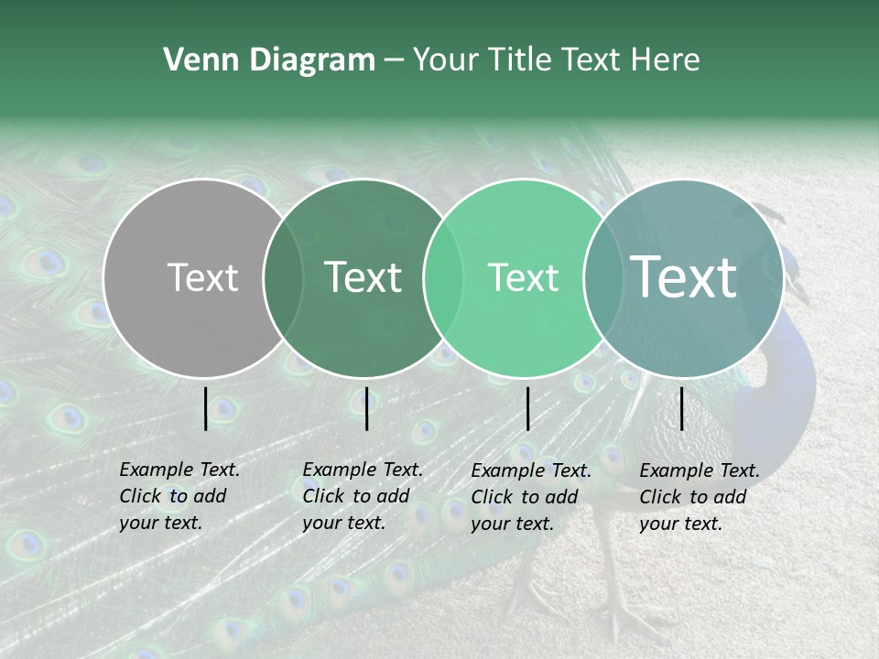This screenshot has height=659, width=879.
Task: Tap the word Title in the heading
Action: pyautogui.click(x=519, y=60)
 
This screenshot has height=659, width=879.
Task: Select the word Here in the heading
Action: pyautogui.click(x=665, y=60)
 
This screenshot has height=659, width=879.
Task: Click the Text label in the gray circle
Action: pyautogui.click(x=202, y=277)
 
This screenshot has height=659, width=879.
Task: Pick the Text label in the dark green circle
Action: pyautogui.click(x=363, y=277)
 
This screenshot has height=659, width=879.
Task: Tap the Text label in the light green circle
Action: pyautogui.click(x=523, y=277)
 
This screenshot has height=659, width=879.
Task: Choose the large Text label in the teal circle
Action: pyautogui.click(x=683, y=277)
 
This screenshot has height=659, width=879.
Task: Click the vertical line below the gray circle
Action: pyautogui.click(x=206, y=408)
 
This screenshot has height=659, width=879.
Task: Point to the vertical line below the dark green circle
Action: pyautogui.click(x=366, y=408)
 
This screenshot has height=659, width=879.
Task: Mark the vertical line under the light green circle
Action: pyautogui.click(x=527, y=408)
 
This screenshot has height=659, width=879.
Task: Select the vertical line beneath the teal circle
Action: pyautogui.click(x=681, y=408)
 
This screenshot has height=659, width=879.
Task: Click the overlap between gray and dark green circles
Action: pyautogui.click(x=283, y=277)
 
